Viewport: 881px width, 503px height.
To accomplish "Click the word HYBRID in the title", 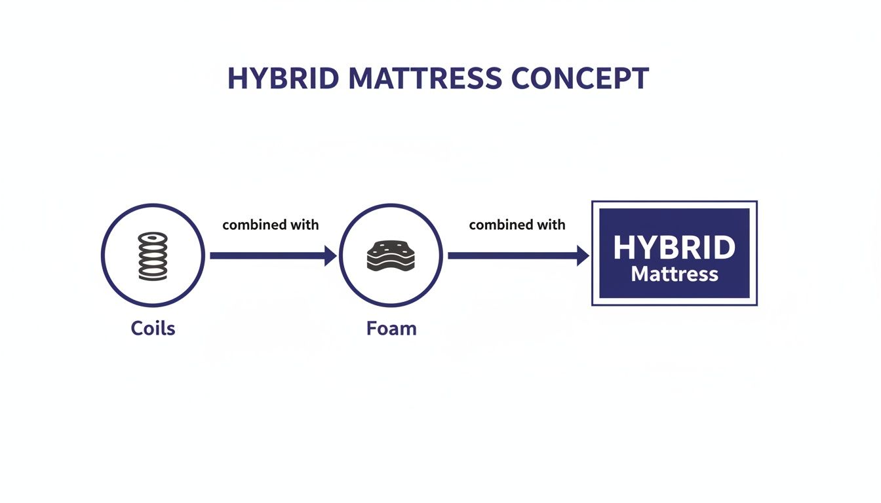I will [283, 79].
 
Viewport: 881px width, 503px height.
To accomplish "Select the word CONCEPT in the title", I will [579, 79].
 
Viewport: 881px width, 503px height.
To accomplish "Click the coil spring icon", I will [153, 257].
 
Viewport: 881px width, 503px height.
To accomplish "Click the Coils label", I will [153, 327].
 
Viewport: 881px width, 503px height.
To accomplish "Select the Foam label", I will [391, 327].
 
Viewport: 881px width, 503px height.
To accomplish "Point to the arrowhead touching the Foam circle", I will [330, 256].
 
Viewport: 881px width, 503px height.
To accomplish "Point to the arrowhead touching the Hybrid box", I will [582, 256].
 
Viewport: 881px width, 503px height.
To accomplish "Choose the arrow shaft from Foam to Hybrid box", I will [511, 256].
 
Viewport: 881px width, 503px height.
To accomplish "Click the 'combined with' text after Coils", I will [271, 225].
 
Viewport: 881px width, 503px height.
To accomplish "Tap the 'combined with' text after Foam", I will [517, 225].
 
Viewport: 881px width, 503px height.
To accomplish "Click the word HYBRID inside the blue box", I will [675, 248].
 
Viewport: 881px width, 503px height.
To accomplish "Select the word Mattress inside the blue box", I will [675, 273].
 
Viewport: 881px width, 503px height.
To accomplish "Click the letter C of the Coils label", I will [137, 327].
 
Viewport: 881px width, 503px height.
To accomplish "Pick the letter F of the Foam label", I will [371, 327].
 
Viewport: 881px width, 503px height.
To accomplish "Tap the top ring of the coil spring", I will [153, 238].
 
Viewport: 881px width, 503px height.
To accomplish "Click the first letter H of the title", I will [237, 79].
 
